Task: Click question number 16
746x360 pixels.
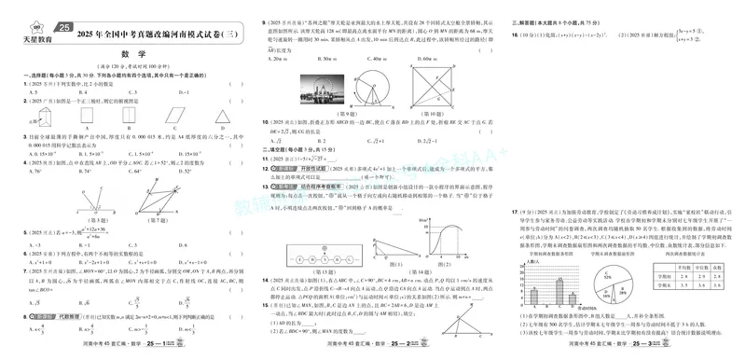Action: coord(515,35)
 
